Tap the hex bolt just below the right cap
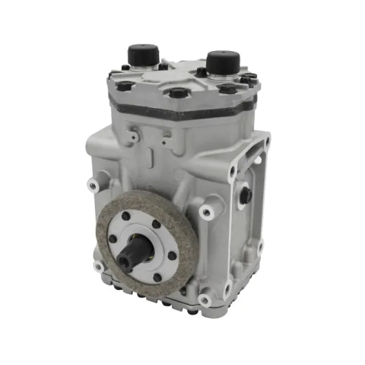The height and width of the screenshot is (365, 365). point(228,88)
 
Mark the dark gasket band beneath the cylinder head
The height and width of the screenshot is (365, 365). point(186,111)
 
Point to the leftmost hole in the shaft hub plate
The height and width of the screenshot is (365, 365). point(113,240)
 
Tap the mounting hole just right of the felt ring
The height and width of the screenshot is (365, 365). point(206,212)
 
